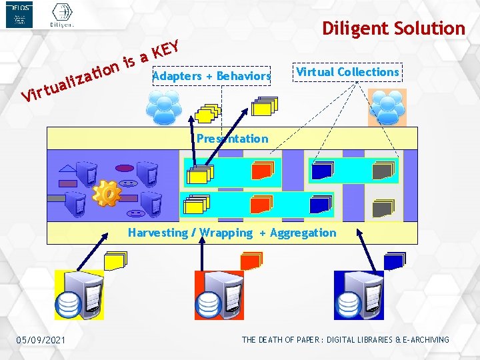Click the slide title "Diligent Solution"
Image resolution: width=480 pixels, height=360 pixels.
pos(393,29)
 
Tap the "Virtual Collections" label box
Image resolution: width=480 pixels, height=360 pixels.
pos(347,72)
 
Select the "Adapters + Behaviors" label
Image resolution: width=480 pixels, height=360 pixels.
pos(211,76)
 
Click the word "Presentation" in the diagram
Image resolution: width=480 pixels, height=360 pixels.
pos(232,139)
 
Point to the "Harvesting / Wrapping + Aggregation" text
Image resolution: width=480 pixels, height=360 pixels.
pos(232,233)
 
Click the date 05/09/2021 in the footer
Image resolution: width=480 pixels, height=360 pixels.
pos(41,341)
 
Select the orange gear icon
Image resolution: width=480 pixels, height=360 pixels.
pos(107,193)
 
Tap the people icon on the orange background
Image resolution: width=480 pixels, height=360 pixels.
pos(387,107)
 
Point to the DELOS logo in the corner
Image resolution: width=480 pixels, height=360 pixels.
pos(19,15)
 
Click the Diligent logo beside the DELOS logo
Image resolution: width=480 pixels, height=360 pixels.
pos(62,15)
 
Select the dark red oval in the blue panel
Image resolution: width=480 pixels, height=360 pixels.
pos(125,168)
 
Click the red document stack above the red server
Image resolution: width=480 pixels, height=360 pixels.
pos(251,260)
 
